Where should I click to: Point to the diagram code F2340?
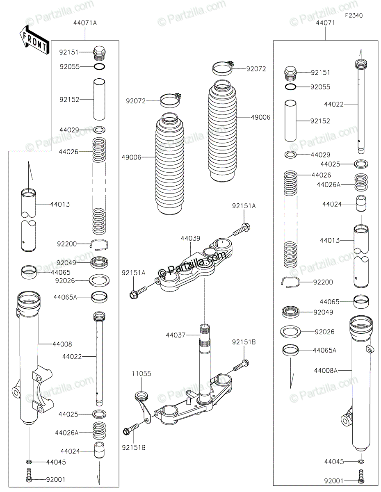click(354, 16)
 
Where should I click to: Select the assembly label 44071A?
click(85, 23)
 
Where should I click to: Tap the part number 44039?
click(190, 238)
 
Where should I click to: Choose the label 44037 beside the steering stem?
click(176, 335)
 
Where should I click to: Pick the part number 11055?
click(141, 374)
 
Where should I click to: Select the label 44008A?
click(326, 370)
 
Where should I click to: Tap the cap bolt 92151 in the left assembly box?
click(99, 53)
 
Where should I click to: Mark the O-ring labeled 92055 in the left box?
click(99, 67)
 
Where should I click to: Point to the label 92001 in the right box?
click(334, 481)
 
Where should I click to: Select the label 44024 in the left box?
click(70, 451)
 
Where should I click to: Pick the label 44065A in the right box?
click(325, 350)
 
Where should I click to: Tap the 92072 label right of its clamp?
click(256, 69)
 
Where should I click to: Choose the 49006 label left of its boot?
click(131, 157)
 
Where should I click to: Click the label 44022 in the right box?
click(334, 104)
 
